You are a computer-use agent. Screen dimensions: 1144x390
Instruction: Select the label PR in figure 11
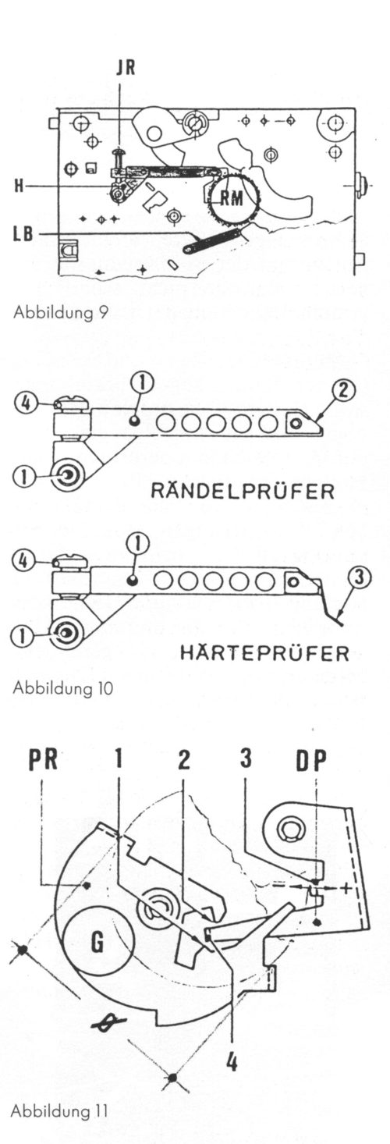click(49, 761)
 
